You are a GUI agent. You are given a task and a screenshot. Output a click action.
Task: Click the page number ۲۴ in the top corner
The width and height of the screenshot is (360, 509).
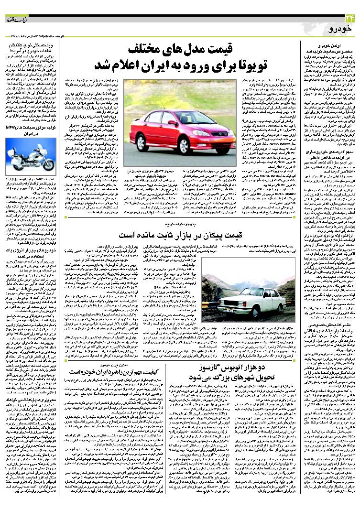(348, 19)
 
